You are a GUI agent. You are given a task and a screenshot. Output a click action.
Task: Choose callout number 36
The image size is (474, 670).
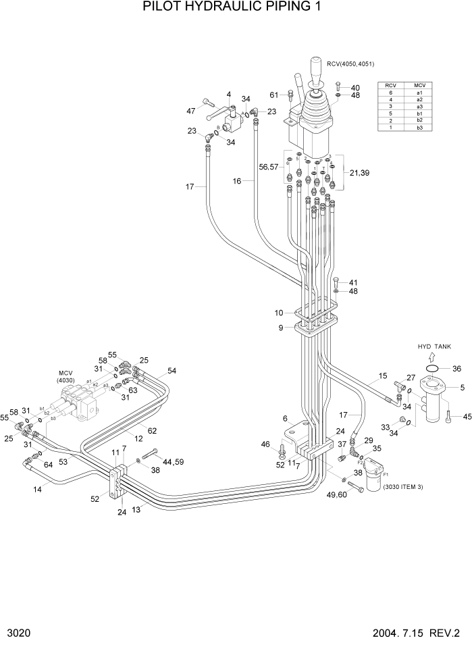coord(456,369)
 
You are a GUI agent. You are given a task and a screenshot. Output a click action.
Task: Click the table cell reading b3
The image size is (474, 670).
coord(419,128)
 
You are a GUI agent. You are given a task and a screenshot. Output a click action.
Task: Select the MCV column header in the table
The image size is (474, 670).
coord(419,85)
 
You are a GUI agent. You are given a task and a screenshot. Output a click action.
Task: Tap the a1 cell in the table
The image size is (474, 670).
coord(419,93)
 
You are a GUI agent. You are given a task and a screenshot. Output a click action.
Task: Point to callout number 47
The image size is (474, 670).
coord(191,110)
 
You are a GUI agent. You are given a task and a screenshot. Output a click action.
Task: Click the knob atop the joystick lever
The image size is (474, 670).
coord(315,68)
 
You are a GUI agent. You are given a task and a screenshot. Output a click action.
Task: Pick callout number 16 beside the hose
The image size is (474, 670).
coord(237,180)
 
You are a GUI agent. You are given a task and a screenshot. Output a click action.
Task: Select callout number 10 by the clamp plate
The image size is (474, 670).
coord(280,313)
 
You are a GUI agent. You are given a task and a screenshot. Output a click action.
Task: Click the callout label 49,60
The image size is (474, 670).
coord(336,495)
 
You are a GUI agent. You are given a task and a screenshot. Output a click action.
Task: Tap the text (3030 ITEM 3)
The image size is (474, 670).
coord(402,487)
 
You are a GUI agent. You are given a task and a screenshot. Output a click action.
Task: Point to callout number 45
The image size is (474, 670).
coord(465,417)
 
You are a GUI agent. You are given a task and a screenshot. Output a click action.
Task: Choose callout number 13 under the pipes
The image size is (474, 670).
coord(137,510)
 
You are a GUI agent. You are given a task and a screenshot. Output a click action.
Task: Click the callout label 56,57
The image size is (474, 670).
coord(268,166)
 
